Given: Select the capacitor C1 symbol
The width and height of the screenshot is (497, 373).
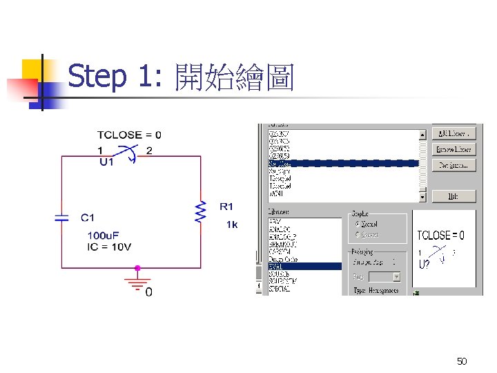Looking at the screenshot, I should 62,218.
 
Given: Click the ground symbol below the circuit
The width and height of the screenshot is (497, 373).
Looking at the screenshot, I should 137,282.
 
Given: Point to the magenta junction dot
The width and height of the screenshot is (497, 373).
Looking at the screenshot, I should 137,268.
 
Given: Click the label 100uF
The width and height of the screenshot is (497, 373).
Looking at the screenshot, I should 104,236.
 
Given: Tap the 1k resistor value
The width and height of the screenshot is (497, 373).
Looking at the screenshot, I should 232,224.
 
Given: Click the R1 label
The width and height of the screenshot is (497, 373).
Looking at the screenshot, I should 227,207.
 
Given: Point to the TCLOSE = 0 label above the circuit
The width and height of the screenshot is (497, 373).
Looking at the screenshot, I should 129,135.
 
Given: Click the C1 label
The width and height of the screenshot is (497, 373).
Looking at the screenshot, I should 88,218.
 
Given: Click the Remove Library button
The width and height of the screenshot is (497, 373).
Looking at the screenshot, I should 454,149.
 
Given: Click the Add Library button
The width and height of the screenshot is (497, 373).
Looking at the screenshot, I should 454,133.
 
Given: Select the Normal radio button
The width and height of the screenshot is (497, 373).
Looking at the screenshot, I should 357,224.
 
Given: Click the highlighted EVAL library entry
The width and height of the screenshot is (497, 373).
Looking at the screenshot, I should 304,266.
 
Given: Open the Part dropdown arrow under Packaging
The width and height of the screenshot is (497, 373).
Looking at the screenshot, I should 396,276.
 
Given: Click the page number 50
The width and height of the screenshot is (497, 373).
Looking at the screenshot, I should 462,361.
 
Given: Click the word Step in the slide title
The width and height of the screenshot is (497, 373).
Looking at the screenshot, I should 97,77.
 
